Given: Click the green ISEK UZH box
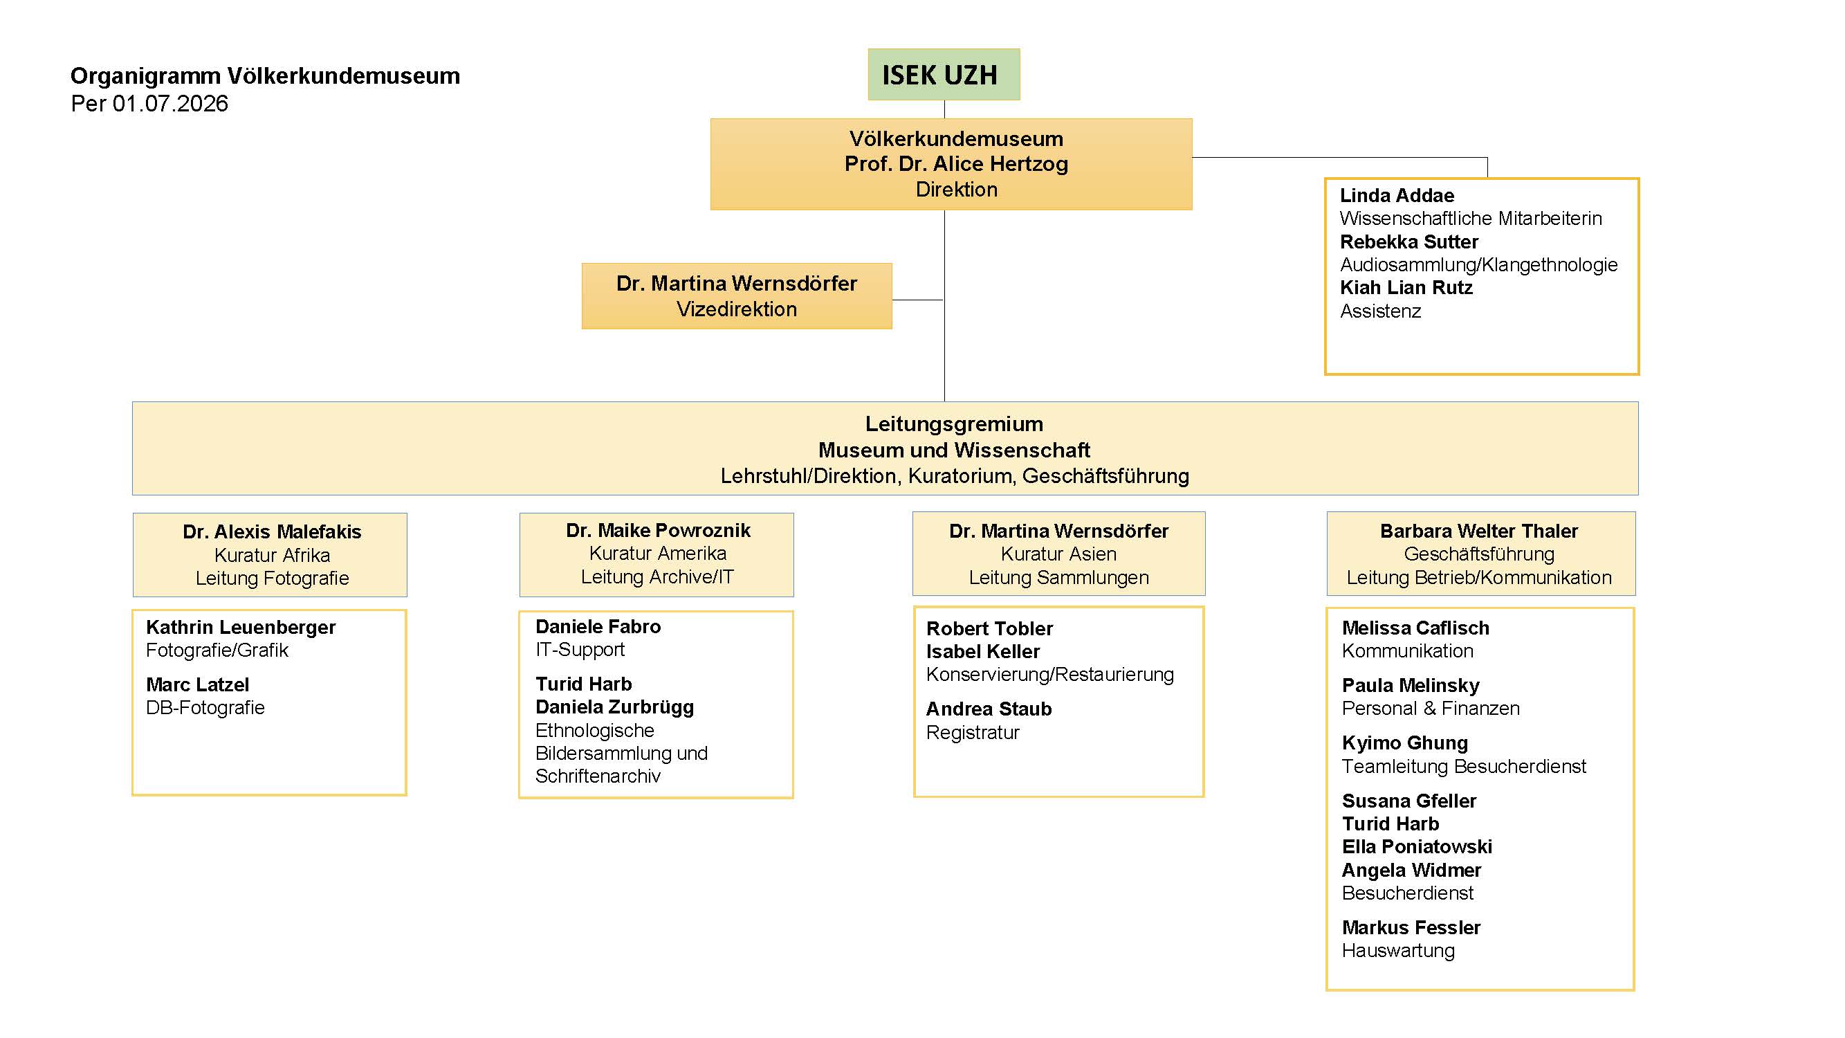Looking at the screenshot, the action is click(x=944, y=75).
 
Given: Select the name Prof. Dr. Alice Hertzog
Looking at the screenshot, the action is click(x=956, y=164).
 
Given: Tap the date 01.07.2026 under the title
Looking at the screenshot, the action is click(x=170, y=104).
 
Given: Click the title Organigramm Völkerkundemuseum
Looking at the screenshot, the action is click(x=265, y=76).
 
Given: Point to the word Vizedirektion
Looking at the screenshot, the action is click(x=736, y=309).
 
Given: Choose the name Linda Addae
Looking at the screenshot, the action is click(x=1397, y=196).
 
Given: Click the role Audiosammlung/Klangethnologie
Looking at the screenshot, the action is click(x=1478, y=265).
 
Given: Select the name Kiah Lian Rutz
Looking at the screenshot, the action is click(x=1406, y=288).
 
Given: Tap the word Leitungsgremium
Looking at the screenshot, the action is click(x=954, y=424).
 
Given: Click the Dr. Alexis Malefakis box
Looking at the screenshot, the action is click(x=270, y=555).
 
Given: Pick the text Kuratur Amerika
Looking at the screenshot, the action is click(x=657, y=553).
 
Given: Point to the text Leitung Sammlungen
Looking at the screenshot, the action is click(x=1058, y=577).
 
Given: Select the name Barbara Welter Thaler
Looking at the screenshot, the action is click(x=1479, y=531).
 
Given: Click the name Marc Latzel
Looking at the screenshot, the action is click(x=198, y=684).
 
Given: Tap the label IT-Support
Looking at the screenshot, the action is click(x=580, y=650).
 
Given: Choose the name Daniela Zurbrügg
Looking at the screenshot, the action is click(x=614, y=707).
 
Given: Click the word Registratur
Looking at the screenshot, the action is click(x=973, y=732).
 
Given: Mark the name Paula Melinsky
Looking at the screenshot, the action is click(x=1411, y=686).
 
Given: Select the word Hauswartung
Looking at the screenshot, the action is click(x=1398, y=951).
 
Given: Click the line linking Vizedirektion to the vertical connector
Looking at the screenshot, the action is click(x=918, y=300).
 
